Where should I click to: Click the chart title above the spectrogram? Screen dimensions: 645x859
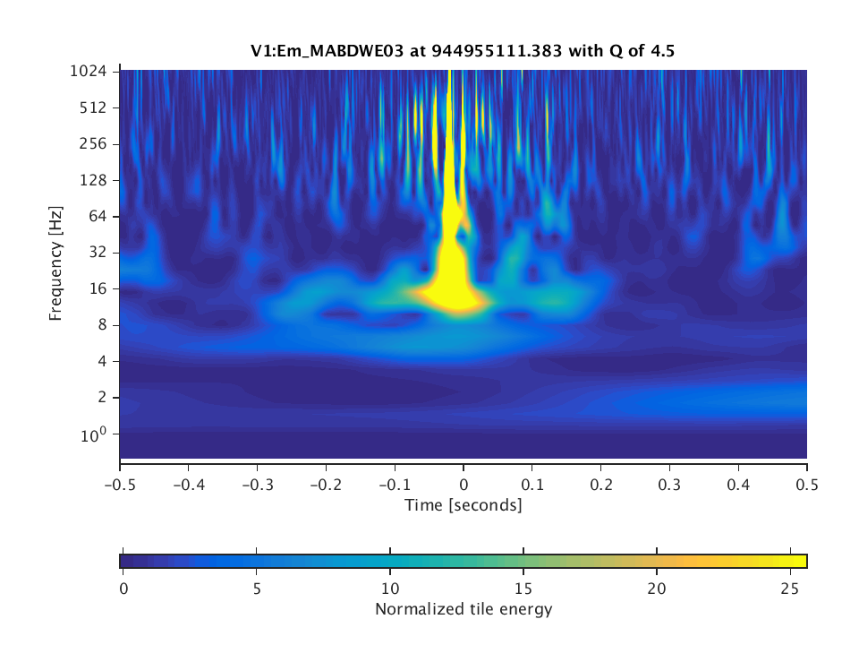pyautogui.click(x=463, y=51)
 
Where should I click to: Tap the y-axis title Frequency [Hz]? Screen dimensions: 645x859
pyautogui.click(x=55, y=263)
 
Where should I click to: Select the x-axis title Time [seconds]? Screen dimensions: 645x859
pyautogui.click(x=463, y=505)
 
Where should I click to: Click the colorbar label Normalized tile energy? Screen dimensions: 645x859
pyautogui.click(x=463, y=610)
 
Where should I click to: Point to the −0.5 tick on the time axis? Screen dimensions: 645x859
pyautogui.click(x=120, y=484)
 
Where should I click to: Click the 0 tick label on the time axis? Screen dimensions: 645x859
pyautogui.click(x=464, y=484)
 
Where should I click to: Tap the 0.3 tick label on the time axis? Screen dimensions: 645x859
pyautogui.click(x=669, y=484)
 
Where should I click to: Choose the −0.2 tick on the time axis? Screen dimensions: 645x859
pyautogui.click(x=326, y=484)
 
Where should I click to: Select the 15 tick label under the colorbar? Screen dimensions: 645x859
pyautogui.click(x=523, y=588)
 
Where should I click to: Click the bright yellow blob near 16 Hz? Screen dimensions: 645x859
pyautogui.click(x=454, y=288)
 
